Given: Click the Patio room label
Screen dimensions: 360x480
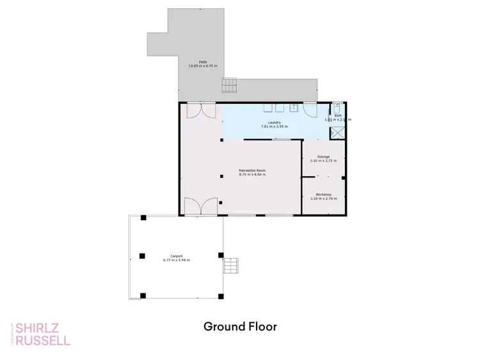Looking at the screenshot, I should (x=203, y=62).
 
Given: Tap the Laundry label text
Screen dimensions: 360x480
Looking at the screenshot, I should (x=274, y=122).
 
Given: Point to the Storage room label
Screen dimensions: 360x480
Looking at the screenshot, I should (x=323, y=156).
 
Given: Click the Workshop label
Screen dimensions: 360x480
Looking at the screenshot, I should (x=323, y=193).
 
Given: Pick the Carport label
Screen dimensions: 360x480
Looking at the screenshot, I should (x=176, y=256).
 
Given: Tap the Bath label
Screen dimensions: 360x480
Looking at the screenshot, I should (x=338, y=115).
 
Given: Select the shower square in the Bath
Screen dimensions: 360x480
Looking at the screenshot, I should (x=337, y=133).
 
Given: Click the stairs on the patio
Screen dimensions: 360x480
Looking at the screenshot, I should (x=229, y=85).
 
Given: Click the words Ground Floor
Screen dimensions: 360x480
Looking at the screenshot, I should (x=240, y=326).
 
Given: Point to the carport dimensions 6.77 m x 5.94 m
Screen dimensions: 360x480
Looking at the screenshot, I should (x=176, y=260).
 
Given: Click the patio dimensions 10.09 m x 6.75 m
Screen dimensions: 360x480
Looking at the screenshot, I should (x=203, y=66).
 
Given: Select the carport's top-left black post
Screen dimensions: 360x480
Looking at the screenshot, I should (x=143, y=218).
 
